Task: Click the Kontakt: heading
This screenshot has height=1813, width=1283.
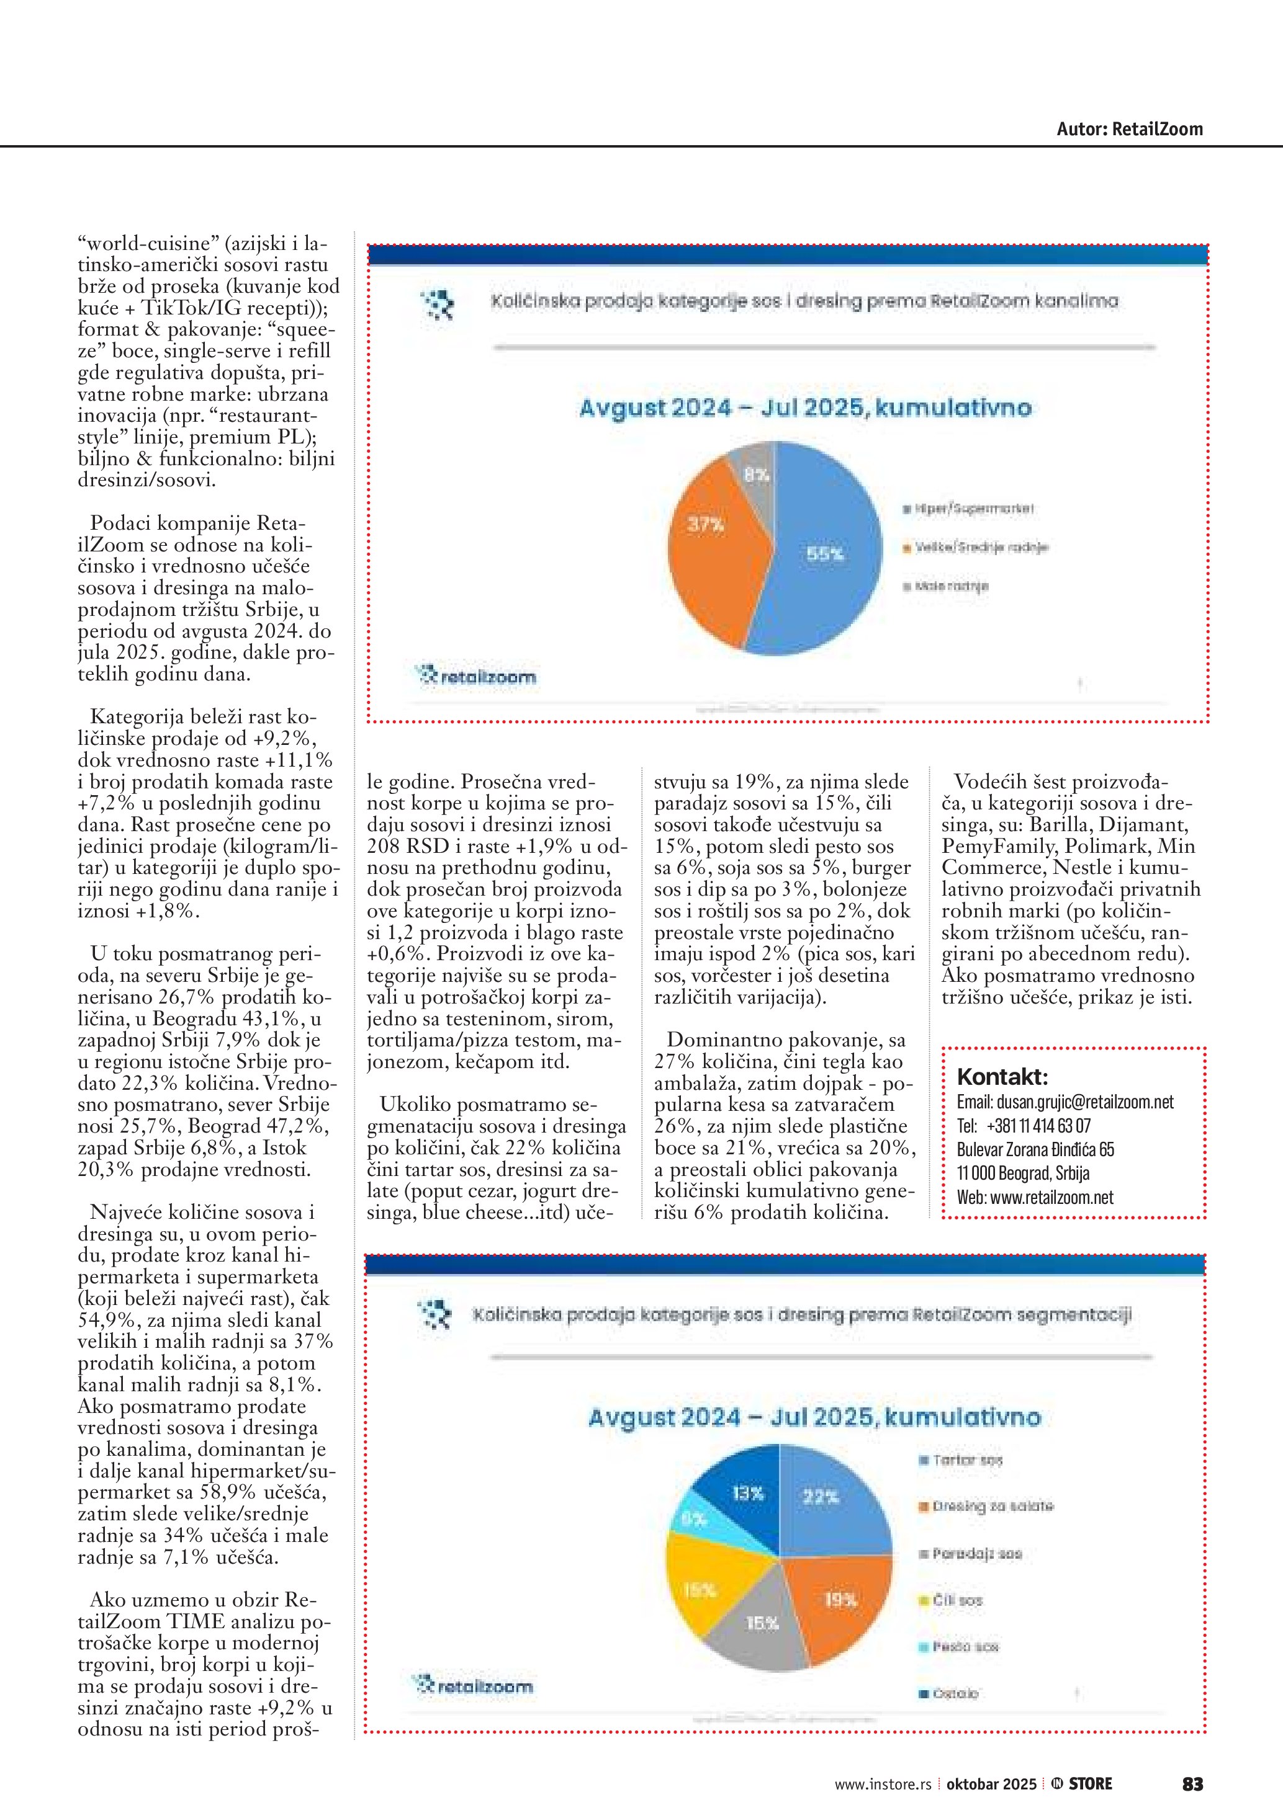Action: point(1002,1076)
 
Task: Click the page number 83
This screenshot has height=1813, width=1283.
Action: point(1192,1784)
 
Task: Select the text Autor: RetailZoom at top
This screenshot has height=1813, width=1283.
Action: point(1130,130)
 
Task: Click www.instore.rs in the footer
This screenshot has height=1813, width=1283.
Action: point(883,1784)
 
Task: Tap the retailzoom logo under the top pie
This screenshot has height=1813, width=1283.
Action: point(476,676)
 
